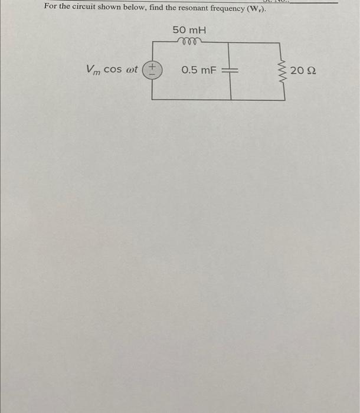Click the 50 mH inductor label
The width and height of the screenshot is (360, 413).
tap(189, 29)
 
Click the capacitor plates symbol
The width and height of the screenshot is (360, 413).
tap(230, 71)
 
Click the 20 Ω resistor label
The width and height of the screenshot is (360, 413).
tap(307, 71)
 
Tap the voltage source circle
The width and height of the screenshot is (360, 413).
tap(152, 70)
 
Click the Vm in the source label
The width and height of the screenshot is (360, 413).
tap(93, 70)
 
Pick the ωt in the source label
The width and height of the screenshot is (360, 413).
tap(132, 70)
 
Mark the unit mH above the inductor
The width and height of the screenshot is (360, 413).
tap(197, 29)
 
